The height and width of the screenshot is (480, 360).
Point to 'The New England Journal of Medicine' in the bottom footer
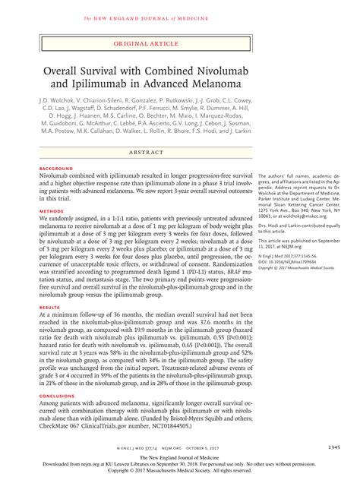point(181,463)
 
